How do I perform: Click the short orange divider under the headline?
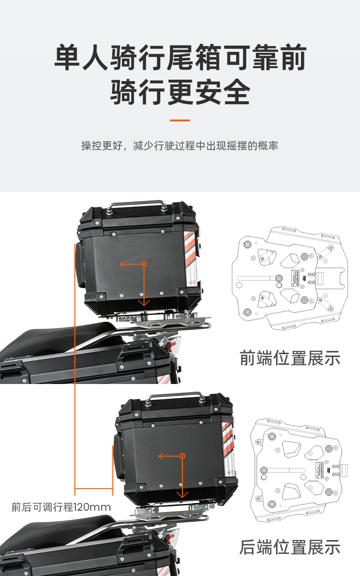click(x=180, y=120)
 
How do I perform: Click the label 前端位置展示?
click(x=290, y=358)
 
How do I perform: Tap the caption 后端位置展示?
click(x=290, y=547)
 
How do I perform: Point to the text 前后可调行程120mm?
click(x=61, y=507)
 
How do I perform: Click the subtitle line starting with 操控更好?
click(x=180, y=145)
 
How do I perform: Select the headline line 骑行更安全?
click(x=180, y=92)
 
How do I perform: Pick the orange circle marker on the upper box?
click(x=144, y=264)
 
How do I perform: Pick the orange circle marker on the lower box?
click(x=182, y=456)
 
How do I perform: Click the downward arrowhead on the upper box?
click(x=144, y=302)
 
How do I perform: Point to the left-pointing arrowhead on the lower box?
click(x=161, y=456)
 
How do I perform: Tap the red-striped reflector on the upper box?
click(x=191, y=258)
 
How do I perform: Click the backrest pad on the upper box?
click(x=80, y=264)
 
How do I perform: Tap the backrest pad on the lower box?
click(x=118, y=456)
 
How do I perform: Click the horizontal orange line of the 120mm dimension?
click(x=94, y=488)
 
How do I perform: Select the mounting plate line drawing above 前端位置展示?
click(x=290, y=278)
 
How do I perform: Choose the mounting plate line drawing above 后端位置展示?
click(x=299, y=470)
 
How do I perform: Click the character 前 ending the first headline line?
click(x=293, y=57)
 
